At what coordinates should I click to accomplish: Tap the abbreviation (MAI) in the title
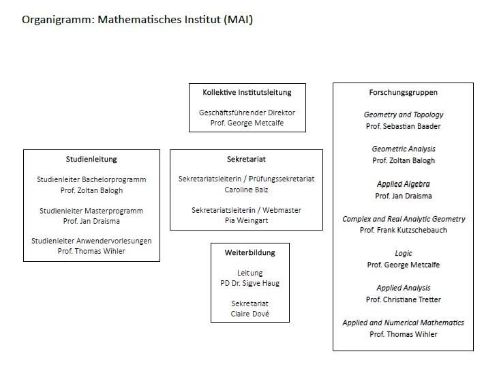(x=239, y=19)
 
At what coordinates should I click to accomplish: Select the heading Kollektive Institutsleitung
(x=247, y=92)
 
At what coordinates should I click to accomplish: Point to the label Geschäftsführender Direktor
(x=247, y=113)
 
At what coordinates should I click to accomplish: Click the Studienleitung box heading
(x=91, y=159)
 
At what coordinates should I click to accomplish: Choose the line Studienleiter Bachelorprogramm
(x=91, y=179)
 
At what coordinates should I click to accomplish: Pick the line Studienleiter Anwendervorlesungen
(x=91, y=241)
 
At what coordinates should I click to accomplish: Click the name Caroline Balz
(x=246, y=190)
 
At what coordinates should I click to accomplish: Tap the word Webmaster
(x=282, y=210)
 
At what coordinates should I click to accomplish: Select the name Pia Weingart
(x=246, y=220)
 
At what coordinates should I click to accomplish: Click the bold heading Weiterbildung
(x=249, y=252)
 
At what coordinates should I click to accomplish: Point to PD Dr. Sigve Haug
(x=249, y=283)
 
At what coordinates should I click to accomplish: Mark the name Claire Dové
(x=249, y=314)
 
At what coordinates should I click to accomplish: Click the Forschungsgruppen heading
(x=403, y=92)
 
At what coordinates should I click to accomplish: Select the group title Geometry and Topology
(x=404, y=115)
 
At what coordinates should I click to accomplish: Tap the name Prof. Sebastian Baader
(x=403, y=126)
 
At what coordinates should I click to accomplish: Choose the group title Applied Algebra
(x=403, y=184)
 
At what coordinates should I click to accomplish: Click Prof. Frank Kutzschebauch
(x=403, y=230)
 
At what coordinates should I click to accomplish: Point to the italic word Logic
(x=403, y=254)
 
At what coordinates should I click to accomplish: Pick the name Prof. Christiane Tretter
(x=403, y=299)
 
